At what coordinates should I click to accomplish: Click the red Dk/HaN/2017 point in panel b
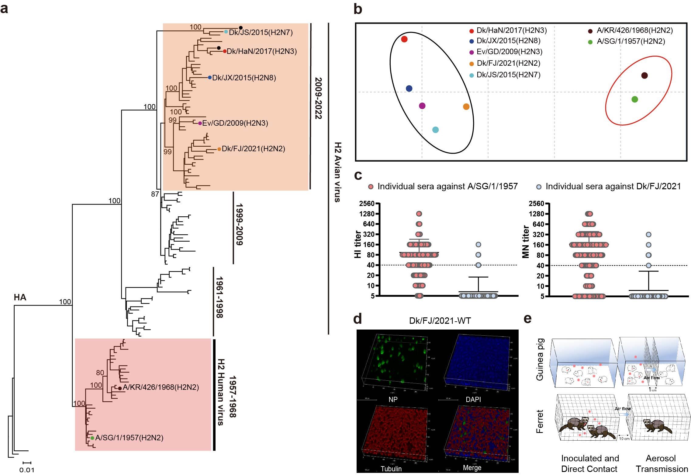pos(404,39)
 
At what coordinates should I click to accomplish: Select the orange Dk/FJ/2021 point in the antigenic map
pos(466,107)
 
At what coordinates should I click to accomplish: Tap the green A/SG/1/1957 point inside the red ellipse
pos(634,99)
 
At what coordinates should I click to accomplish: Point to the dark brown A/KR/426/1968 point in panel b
pos(644,75)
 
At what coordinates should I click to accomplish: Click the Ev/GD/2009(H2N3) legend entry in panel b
pos(509,52)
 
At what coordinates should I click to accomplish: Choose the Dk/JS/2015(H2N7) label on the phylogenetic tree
pos(261,32)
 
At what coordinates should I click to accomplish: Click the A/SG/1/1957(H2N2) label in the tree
pos(129,438)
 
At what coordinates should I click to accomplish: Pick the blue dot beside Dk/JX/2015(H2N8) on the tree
pos(209,78)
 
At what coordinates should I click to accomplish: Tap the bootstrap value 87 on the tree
pos(155,194)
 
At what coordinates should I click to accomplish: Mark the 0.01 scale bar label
pos(27,470)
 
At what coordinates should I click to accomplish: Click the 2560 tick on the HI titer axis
pos(367,204)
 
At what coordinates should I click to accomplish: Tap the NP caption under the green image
pos(393,399)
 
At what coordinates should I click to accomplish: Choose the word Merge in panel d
pos(472,468)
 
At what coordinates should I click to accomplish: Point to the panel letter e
pos(528,319)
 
